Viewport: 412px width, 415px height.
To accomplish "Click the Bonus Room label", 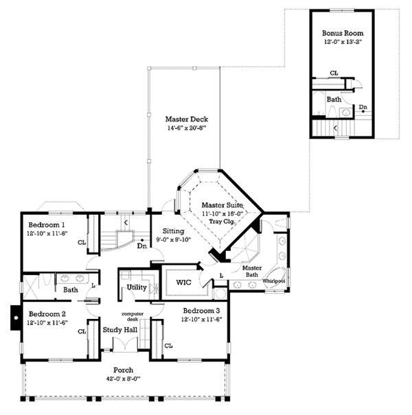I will [343, 33].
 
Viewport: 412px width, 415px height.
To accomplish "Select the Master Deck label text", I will [182, 119].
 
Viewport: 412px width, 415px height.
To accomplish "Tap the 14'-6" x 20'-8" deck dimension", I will [182, 129].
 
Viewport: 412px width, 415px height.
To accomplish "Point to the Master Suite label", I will [221, 205].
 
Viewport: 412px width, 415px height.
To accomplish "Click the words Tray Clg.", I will [221, 221].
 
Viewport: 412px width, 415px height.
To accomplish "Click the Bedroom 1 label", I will [47, 225].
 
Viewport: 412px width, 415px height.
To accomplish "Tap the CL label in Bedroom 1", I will [82, 242].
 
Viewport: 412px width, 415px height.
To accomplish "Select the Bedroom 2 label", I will [47, 313].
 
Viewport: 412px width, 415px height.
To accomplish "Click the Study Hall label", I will [120, 330].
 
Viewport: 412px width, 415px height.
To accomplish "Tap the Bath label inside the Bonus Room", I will [334, 99].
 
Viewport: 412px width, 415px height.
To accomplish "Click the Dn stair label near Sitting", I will [142, 246].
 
